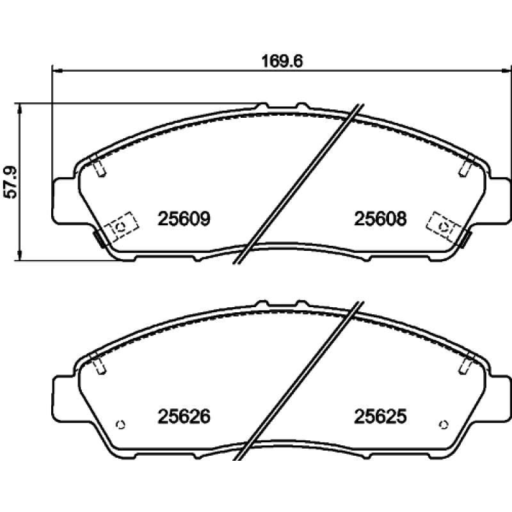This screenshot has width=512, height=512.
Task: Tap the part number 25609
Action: pyautogui.click(x=184, y=219)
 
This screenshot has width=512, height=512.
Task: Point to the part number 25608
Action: pyautogui.click(x=380, y=219)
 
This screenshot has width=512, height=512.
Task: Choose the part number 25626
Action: pyautogui.click(x=184, y=417)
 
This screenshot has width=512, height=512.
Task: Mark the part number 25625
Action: pyautogui.click(x=380, y=417)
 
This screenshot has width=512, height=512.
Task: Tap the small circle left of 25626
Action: pyautogui.click(x=120, y=424)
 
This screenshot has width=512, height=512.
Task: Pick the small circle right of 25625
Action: pyautogui.click(x=444, y=424)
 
